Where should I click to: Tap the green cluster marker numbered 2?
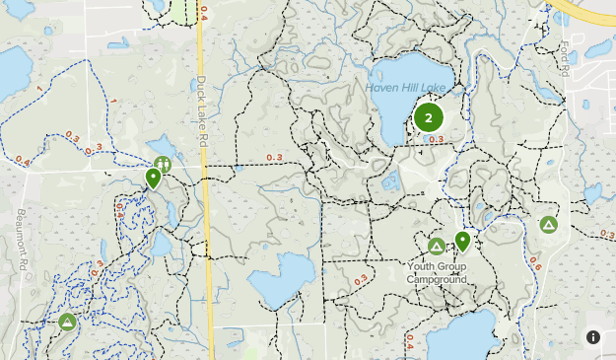point(428,118)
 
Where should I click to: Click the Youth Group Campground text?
point(437,272)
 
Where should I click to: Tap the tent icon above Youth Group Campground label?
point(436,246)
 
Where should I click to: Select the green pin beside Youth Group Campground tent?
point(462,241)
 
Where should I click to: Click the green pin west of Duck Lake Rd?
point(153,178)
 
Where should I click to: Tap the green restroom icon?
point(163,164)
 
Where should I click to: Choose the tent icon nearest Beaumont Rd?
point(67,322)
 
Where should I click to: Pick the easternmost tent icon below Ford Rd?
point(548,225)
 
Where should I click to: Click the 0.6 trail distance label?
point(535,263)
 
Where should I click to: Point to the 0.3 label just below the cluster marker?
point(436,139)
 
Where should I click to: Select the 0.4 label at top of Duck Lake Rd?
point(204,13)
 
